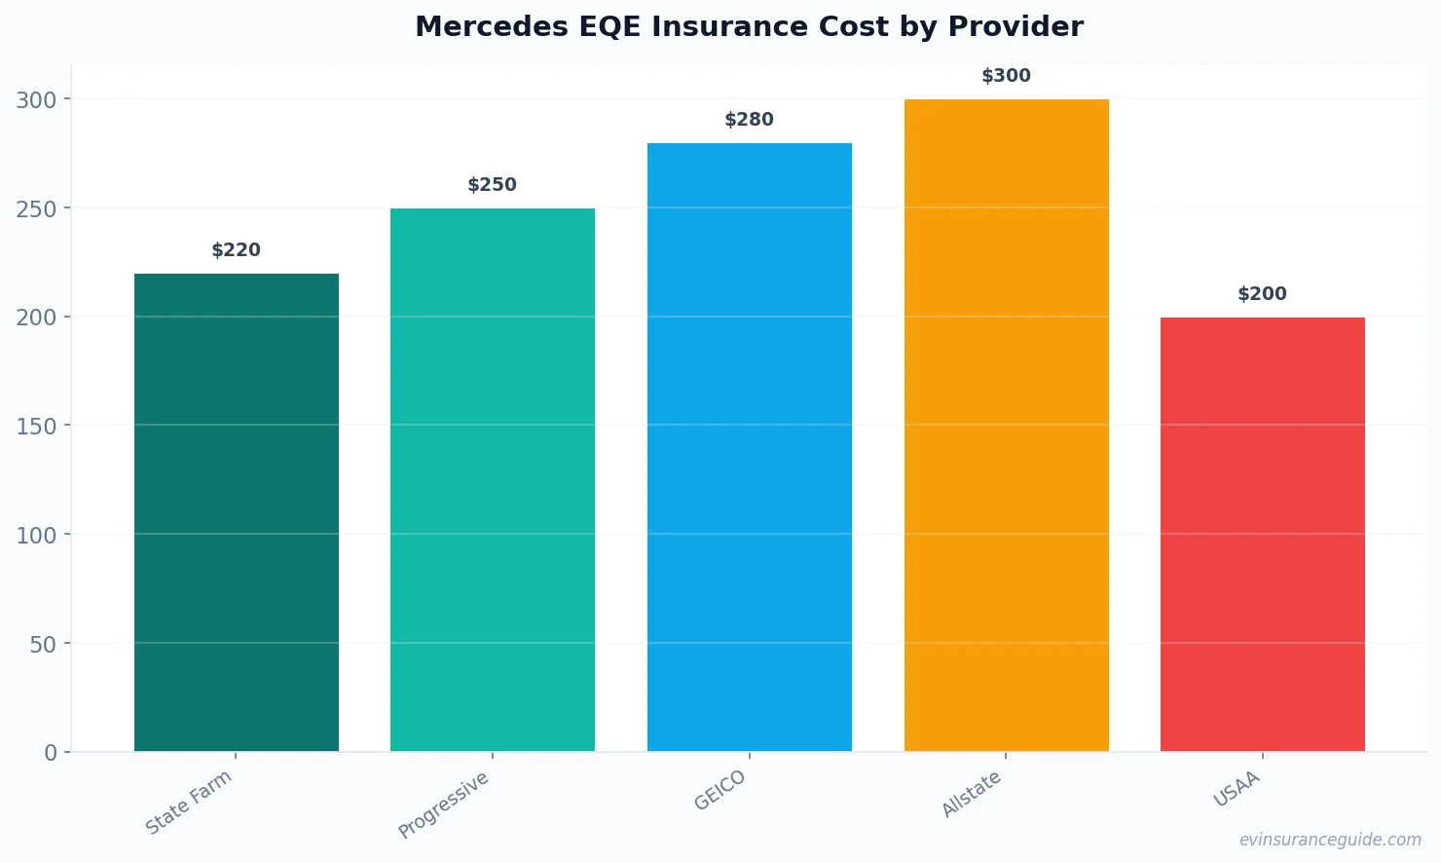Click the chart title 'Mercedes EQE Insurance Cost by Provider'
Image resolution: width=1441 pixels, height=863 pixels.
pyautogui.click(x=749, y=26)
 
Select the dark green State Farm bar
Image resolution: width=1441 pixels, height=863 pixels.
pyautogui.click(x=237, y=512)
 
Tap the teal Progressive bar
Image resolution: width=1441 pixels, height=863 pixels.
pyautogui.click(x=493, y=479)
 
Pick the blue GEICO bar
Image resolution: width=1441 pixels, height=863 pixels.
pyautogui.click(x=749, y=447)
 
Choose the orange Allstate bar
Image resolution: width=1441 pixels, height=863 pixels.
pyautogui.click(x=1006, y=425)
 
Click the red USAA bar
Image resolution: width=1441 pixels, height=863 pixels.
pyautogui.click(x=1262, y=534)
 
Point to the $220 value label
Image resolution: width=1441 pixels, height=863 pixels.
pyautogui.click(x=237, y=250)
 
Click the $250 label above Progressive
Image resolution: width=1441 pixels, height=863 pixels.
pyautogui.click(x=493, y=185)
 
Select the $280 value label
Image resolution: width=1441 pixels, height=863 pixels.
pyautogui.click(x=749, y=120)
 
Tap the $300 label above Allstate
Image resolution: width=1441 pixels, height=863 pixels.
pyautogui.click(x=1006, y=76)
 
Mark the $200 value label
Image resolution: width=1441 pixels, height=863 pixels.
pyautogui.click(x=1262, y=294)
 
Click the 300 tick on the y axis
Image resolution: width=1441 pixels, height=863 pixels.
pyautogui.click(x=36, y=99)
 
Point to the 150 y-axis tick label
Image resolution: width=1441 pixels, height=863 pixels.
pyautogui.click(x=36, y=426)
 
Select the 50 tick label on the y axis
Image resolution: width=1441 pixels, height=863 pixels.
pyautogui.click(x=43, y=644)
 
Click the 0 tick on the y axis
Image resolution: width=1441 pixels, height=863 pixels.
pyautogui.click(x=51, y=753)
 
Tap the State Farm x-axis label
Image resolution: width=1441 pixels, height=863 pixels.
pyautogui.click(x=189, y=802)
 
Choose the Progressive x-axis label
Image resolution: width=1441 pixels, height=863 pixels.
pyautogui.click(x=444, y=805)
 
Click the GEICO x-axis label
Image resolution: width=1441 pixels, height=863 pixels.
pyautogui.click(x=720, y=790)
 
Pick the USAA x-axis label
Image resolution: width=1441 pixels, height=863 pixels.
pyautogui.click(x=1237, y=789)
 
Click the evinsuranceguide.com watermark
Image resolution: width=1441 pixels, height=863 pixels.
pyautogui.click(x=1330, y=840)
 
